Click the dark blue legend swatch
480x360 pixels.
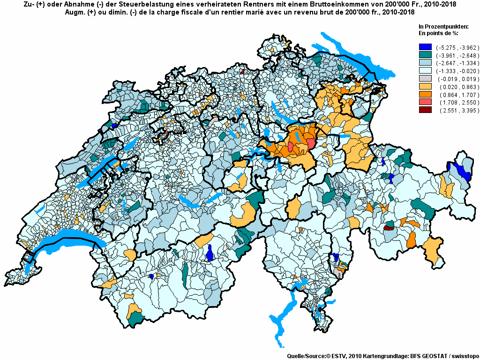tap(425, 47)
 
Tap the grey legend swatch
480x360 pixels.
tap(425, 79)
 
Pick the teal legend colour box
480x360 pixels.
tap(425, 55)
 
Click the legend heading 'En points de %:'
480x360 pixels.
tap(438, 34)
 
